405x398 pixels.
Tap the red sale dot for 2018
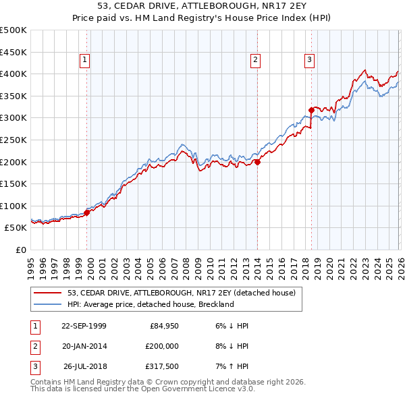[x=311, y=110]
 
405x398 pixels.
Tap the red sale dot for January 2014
[x=257, y=162]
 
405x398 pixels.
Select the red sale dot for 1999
[x=87, y=212]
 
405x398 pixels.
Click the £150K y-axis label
[x=13, y=183]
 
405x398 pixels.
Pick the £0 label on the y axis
[x=20, y=250]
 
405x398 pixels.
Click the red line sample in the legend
[x=49, y=293]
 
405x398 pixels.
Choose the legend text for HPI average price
[x=150, y=304]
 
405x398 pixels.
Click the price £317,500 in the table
[x=162, y=366]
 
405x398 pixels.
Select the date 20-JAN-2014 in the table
[x=84, y=346]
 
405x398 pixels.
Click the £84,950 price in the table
[x=162, y=326]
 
